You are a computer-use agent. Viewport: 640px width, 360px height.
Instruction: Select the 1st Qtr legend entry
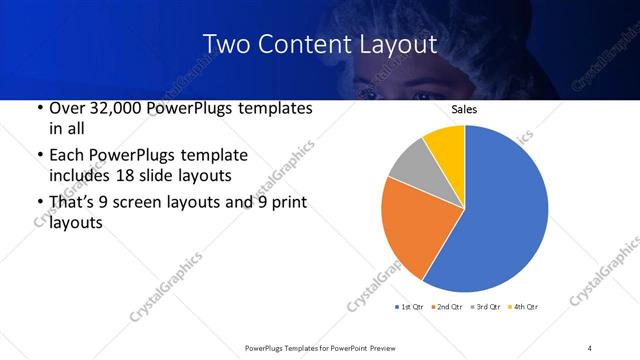(x=414, y=306)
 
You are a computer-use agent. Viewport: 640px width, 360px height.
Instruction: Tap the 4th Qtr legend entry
(x=524, y=306)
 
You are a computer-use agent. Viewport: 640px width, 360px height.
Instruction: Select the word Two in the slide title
(x=226, y=45)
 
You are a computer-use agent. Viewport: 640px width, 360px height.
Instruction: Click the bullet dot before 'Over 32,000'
(x=38, y=108)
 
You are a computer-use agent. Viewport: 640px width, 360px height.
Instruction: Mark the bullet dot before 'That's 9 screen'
(x=38, y=203)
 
